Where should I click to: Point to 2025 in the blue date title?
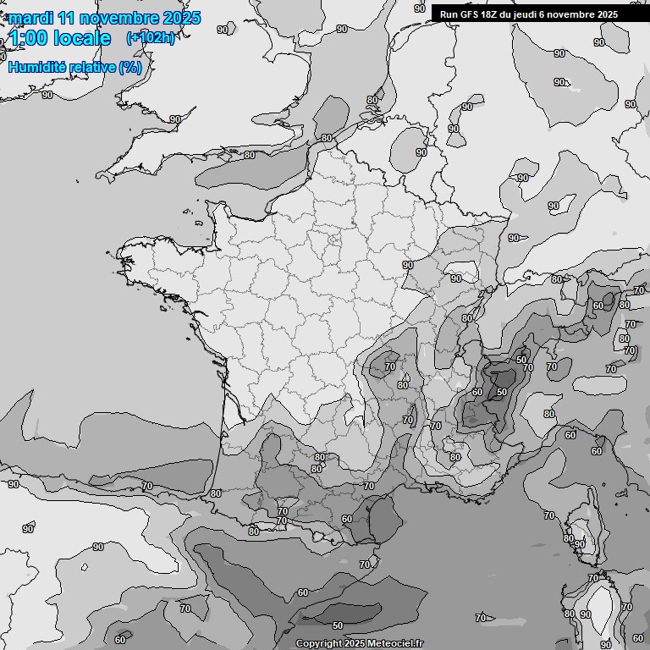[181, 18]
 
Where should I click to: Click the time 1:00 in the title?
[27, 38]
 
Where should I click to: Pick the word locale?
[80, 38]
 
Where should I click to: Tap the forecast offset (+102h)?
[150, 37]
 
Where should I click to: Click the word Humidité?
[36, 67]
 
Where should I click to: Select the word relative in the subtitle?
[91, 67]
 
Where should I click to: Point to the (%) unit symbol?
[130, 67]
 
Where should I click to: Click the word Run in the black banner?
[448, 14]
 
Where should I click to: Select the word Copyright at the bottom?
[317, 643]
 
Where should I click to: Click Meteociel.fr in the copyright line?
[394, 643]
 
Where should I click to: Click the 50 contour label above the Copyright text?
[337, 625]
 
